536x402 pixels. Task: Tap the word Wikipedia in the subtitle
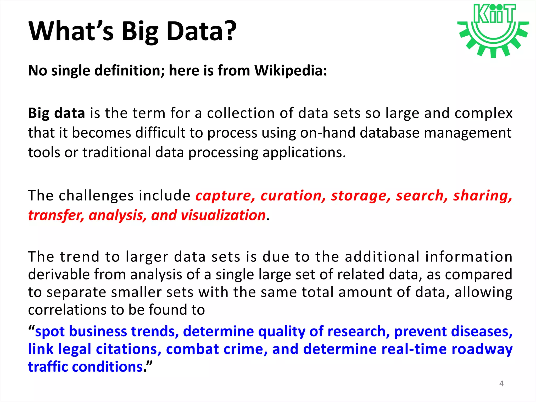pyautogui.click(x=291, y=71)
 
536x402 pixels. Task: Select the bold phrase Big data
pyautogui.click(x=57, y=113)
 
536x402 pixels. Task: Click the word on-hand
pyautogui.click(x=328, y=133)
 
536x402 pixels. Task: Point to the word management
pyautogui.click(x=467, y=133)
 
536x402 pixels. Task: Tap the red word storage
pyautogui.click(x=361, y=196)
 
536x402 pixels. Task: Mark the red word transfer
pyautogui.click(x=56, y=215)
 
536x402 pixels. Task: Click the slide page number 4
pyautogui.click(x=501, y=383)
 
